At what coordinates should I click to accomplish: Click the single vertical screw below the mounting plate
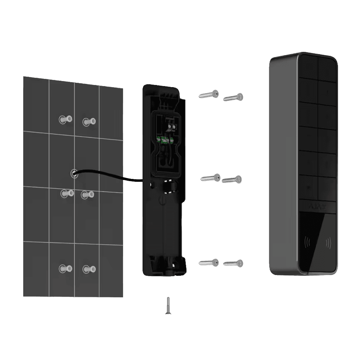click(x=168, y=306)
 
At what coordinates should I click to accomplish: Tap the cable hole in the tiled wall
click(x=73, y=173)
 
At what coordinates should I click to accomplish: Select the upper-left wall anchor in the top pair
click(x=65, y=119)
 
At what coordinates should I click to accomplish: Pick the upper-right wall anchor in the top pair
click(x=88, y=122)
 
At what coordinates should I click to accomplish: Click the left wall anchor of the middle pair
click(x=65, y=194)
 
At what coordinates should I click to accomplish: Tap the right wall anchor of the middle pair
click(x=87, y=195)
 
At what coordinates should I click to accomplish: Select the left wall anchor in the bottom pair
click(x=65, y=268)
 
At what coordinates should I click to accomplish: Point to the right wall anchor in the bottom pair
click(x=88, y=269)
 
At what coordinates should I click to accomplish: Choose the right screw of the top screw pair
click(x=234, y=97)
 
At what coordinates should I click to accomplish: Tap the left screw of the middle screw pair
click(x=211, y=177)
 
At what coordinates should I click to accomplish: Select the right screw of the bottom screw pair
click(x=233, y=263)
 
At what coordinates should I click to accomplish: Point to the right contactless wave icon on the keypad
click(x=328, y=243)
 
